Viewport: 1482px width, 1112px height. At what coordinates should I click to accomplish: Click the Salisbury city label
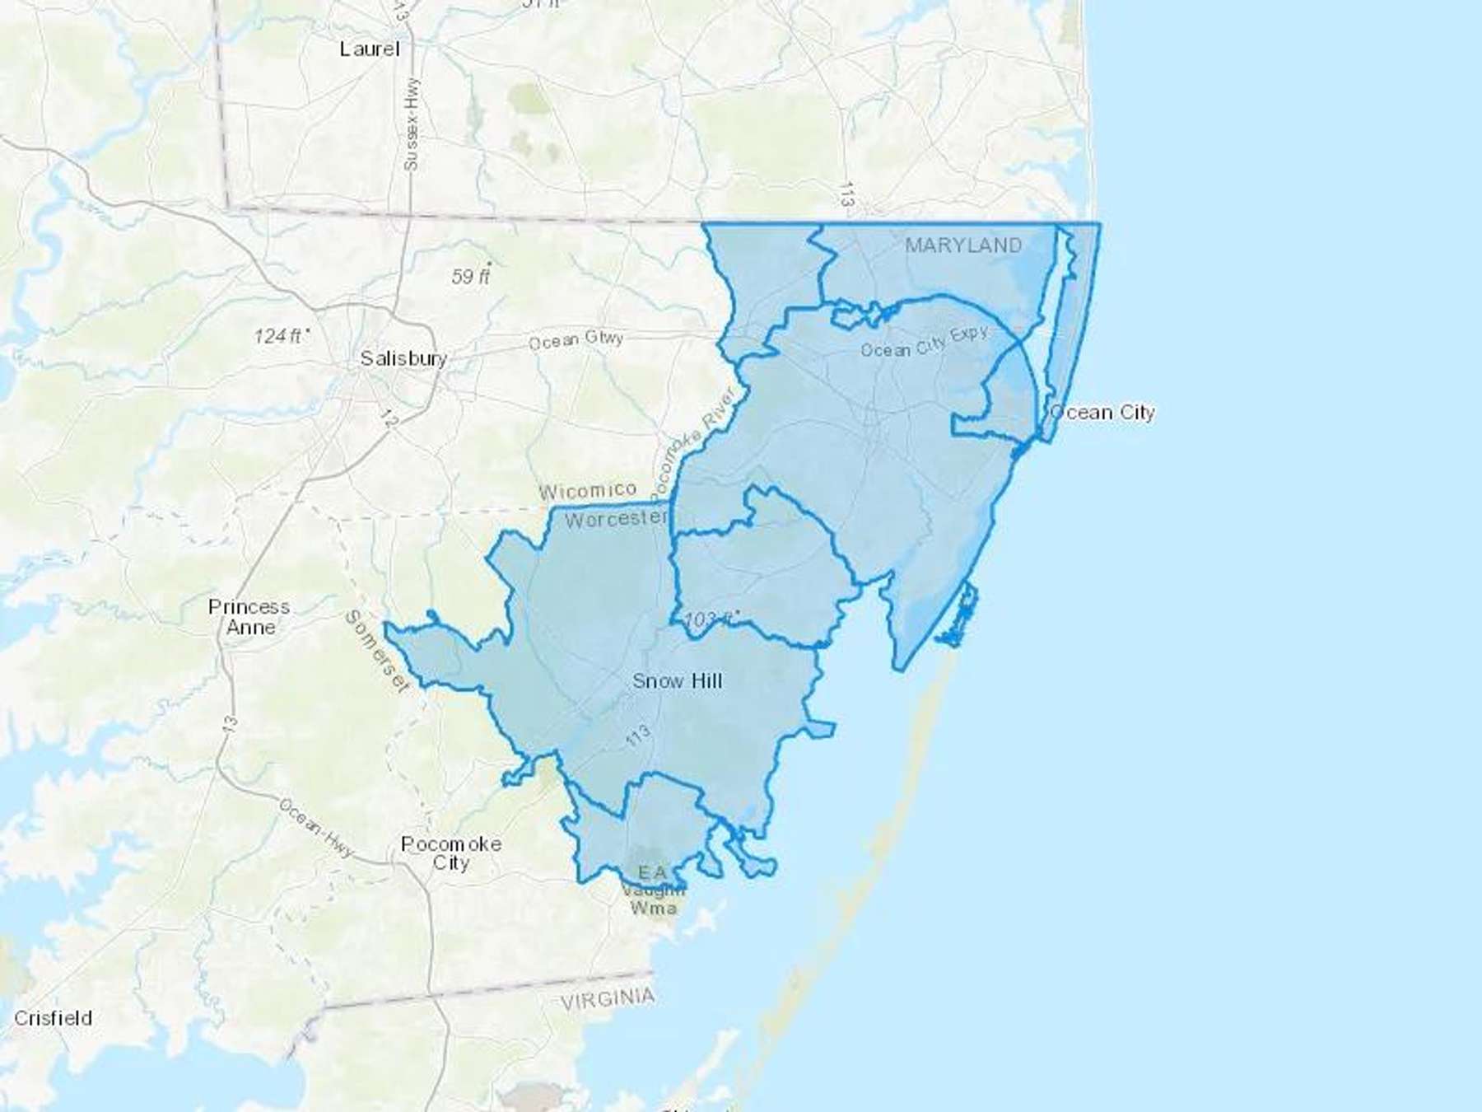[403, 358]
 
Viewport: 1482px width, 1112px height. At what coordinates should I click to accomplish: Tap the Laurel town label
[370, 49]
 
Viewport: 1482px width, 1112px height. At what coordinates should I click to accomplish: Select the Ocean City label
[1103, 412]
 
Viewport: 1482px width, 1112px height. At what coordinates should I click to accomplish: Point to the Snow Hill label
[677, 680]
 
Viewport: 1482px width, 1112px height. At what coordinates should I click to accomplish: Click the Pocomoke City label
[450, 853]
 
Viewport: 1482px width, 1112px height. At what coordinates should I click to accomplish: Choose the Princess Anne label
[249, 617]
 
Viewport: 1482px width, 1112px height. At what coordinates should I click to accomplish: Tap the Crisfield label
[53, 1018]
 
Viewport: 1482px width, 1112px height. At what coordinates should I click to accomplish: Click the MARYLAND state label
[963, 245]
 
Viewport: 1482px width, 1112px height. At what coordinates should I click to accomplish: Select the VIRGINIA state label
[608, 999]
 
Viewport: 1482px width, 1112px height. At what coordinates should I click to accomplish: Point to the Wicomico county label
[587, 492]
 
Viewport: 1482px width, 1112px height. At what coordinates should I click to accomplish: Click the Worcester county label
[615, 519]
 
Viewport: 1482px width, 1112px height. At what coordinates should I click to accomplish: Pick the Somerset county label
[376, 651]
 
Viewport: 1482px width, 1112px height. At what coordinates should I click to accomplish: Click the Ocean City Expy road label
[924, 343]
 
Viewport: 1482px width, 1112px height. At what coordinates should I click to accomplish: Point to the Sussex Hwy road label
[412, 124]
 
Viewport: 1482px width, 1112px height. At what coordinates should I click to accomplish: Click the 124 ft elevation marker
[280, 335]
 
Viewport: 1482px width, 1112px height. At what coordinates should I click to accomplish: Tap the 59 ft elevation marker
[471, 276]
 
